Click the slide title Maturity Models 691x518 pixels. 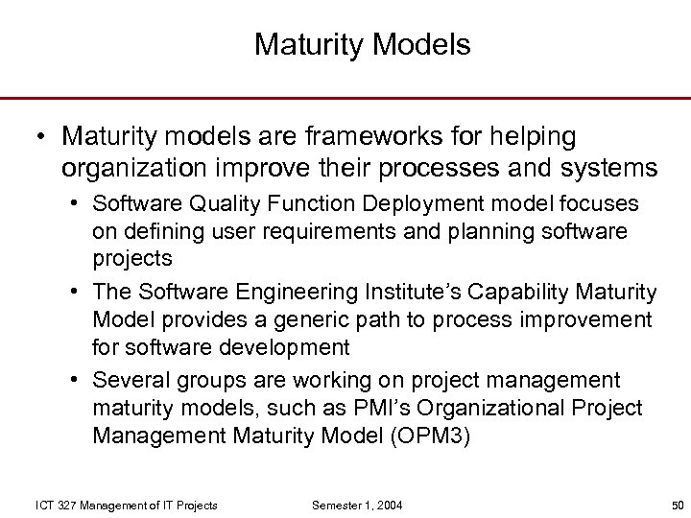(362, 45)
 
